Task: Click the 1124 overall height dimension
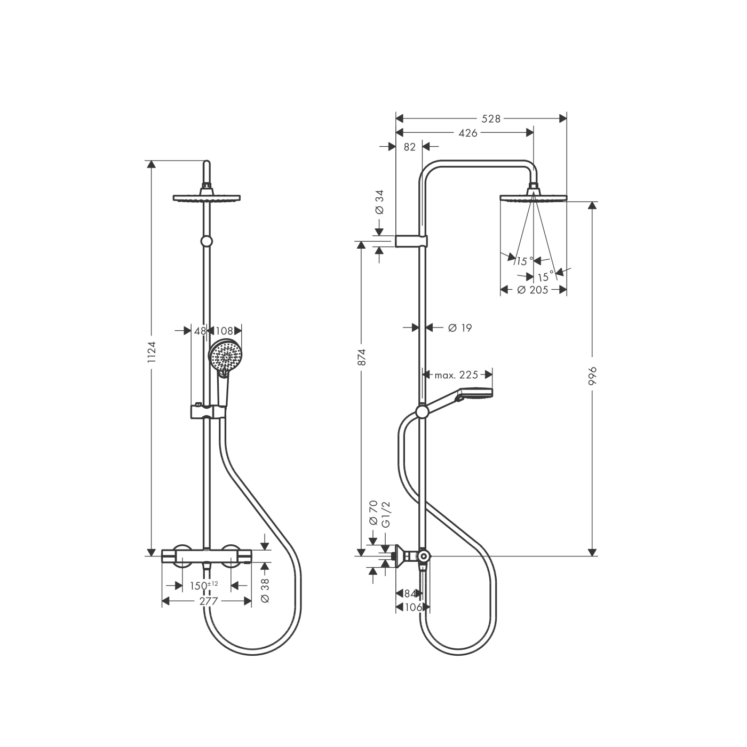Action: pos(152,353)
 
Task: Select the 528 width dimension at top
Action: pos(491,118)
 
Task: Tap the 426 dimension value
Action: pos(468,133)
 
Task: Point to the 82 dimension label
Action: pos(409,147)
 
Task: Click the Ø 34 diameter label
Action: pos(380,202)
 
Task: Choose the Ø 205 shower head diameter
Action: pos(533,290)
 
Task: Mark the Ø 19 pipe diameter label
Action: pos(460,328)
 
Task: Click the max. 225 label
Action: pos(456,375)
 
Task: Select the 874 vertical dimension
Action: pos(362,357)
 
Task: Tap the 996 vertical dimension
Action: pos(592,376)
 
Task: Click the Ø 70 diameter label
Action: pos(373,512)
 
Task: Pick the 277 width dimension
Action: pos(209,601)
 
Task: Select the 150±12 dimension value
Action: pos(204,586)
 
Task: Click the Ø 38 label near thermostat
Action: pos(265,591)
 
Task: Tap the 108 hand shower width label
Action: pos(224,331)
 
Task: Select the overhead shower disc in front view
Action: pos(207,198)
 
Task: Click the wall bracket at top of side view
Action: pos(411,241)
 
